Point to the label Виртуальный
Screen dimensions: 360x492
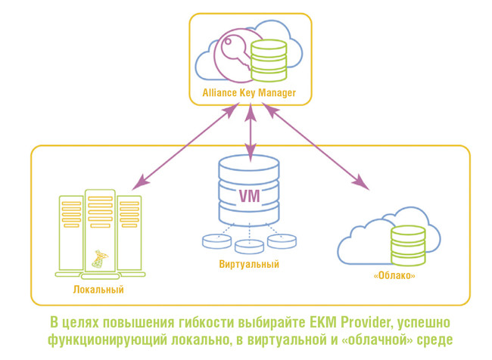pos(250,264)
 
